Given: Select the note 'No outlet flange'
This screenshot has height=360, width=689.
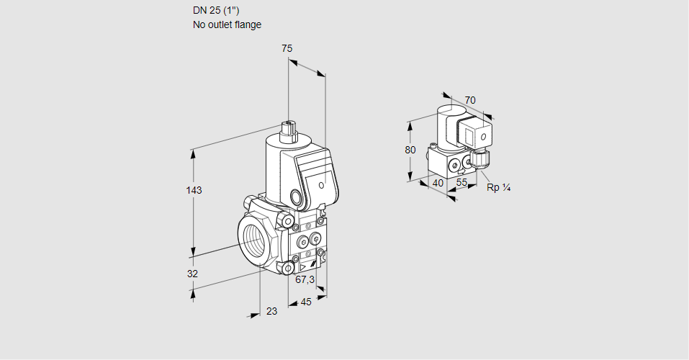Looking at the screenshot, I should click(227, 24).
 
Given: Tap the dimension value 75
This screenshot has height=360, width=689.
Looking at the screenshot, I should click(287, 48).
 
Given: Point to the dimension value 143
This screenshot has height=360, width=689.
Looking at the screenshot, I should click(194, 191).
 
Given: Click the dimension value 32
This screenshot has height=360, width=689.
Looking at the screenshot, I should click(192, 274).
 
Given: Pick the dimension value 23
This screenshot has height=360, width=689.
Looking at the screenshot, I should click(271, 311).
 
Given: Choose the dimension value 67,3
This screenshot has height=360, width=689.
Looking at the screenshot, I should click(305, 279).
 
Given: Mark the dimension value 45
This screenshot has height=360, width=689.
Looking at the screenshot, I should click(306, 302).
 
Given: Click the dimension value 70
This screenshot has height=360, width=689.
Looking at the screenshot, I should click(470, 100).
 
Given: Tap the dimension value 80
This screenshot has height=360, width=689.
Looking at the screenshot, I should click(410, 150).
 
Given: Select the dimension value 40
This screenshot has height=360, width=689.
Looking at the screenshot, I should click(438, 183).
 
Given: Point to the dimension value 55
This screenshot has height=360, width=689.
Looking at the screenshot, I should click(462, 183).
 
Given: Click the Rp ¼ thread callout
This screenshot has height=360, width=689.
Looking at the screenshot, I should click(498, 188).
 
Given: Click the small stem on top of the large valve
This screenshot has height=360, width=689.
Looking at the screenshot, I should click(289, 130).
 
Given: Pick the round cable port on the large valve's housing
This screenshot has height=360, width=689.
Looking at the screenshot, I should click(296, 196).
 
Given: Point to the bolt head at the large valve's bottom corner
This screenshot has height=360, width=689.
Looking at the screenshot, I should click(289, 269).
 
